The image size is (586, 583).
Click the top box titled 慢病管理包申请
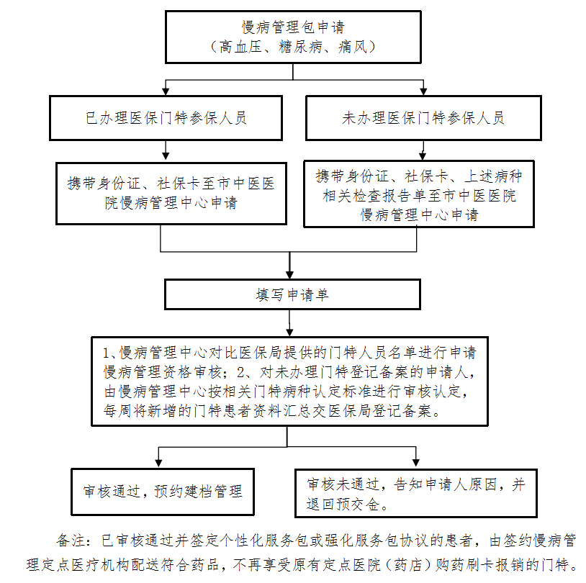click(x=293, y=37)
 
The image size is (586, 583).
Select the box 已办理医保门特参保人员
click(x=166, y=118)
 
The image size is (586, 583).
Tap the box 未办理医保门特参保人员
click(x=423, y=118)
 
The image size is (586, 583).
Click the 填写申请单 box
click(x=292, y=294)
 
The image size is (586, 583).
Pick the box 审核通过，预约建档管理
click(x=163, y=492)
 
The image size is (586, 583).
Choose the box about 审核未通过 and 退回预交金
click(x=416, y=493)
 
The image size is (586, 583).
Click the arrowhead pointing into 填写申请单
click(x=289, y=275)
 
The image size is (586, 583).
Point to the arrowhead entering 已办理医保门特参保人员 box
click(x=166, y=91)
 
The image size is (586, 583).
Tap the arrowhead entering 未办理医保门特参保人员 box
click(x=423, y=91)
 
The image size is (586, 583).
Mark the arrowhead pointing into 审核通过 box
click(x=158, y=464)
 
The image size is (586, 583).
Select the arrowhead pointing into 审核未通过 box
click(x=415, y=464)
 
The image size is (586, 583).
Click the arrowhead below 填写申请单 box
click(x=289, y=333)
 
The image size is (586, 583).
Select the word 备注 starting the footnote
click(x=71, y=541)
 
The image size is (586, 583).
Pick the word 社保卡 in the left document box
click(x=179, y=184)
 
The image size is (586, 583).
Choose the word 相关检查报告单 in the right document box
click(x=375, y=196)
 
